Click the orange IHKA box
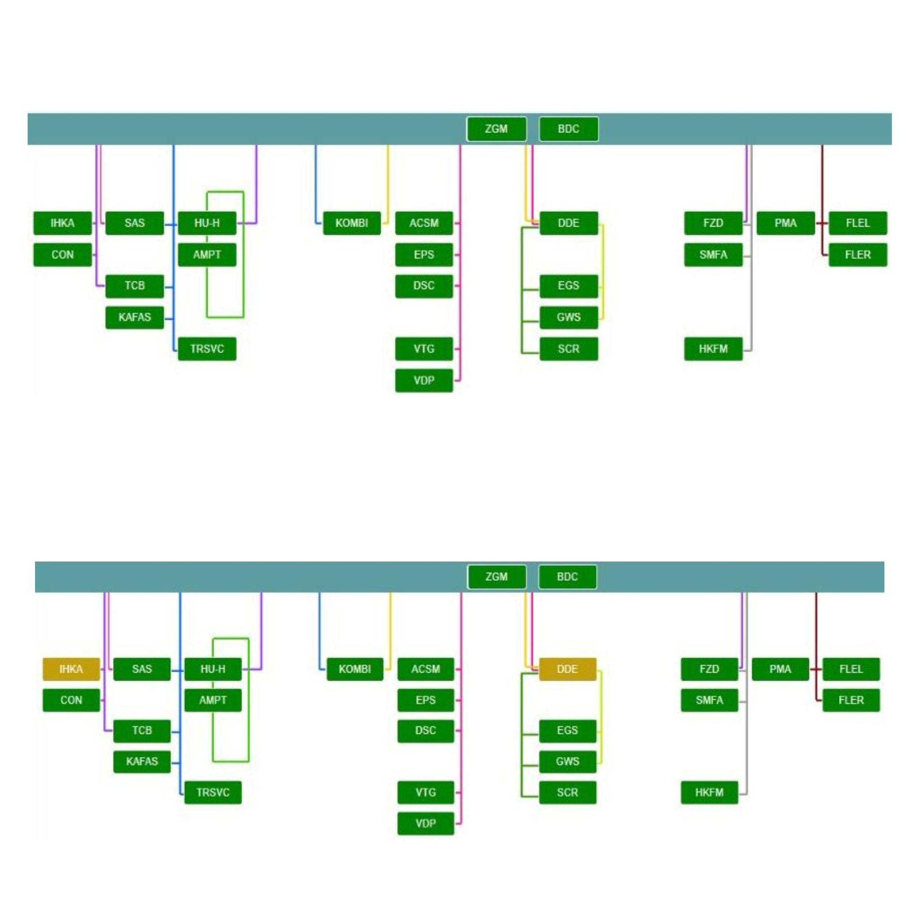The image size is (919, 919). [71, 669]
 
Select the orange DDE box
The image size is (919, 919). [567, 669]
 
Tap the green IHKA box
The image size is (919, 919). [62, 223]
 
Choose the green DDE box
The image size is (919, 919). [569, 223]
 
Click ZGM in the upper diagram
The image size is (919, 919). [496, 129]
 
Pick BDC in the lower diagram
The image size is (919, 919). [567, 577]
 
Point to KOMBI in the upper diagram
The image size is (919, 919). [351, 223]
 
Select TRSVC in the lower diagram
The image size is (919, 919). [213, 792]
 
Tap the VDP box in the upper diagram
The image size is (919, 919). [424, 381]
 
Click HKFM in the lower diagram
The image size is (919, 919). [709, 792]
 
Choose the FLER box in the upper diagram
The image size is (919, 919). [858, 255]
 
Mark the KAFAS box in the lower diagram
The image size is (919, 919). [142, 761]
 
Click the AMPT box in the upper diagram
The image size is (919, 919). [207, 255]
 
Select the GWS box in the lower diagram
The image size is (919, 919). [567, 761]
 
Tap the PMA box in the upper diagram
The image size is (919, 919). [785, 223]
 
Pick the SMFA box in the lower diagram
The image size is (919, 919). [709, 700]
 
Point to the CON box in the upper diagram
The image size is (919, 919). [62, 255]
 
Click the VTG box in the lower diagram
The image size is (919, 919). [426, 792]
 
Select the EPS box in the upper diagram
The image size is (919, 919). [424, 255]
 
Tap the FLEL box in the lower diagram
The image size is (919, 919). [851, 669]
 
